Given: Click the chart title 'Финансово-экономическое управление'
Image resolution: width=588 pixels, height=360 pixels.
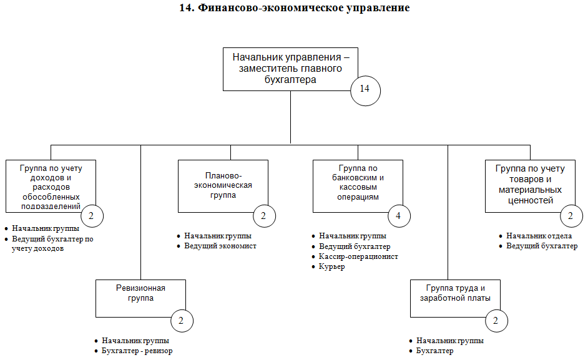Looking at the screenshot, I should click(x=294, y=8).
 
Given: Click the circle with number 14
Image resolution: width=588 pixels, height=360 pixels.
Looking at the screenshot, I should click(x=365, y=89).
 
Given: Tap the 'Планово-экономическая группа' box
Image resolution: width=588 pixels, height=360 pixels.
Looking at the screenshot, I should click(x=223, y=185).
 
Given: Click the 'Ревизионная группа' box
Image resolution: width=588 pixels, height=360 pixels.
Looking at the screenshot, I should click(x=140, y=298).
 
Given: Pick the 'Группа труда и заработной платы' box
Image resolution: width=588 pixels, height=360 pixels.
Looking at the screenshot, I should click(x=455, y=298).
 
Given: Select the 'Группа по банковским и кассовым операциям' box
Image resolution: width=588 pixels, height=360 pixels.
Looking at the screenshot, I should click(x=358, y=185).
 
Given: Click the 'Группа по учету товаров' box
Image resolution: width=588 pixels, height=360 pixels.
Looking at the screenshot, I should click(x=529, y=185).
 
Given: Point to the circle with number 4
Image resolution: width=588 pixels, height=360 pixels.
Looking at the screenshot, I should click(x=398, y=216).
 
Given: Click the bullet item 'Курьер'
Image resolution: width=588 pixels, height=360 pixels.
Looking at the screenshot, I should click(x=331, y=266).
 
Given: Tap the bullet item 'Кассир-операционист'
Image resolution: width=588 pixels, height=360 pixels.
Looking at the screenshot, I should click(x=358, y=256).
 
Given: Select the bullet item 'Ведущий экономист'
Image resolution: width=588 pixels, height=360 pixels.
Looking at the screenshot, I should click(x=220, y=246).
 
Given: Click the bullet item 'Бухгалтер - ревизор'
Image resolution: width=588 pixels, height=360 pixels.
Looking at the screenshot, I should click(x=137, y=351).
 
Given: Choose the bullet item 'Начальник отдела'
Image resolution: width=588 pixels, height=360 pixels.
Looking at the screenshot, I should click(x=539, y=236).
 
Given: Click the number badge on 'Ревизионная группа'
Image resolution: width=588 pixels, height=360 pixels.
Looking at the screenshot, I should click(x=182, y=321).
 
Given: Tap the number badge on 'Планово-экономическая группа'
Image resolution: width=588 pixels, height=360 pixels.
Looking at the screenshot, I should click(x=264, y=216).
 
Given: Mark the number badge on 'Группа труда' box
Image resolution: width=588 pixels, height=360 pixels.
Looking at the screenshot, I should click(x=496, y=321).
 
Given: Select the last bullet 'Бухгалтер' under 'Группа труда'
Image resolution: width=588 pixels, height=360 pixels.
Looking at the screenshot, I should click(x=434, y=351).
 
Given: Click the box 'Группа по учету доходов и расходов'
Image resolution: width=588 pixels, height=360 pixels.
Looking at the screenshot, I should click(x=50, y=185).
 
